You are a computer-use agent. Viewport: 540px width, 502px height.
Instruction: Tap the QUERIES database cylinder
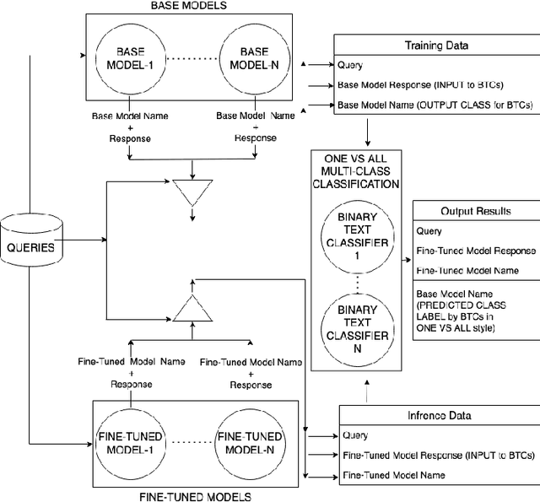[32, 248]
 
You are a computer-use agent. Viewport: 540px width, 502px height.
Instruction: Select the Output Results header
[476, 211]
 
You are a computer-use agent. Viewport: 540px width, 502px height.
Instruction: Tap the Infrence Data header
[439, 415]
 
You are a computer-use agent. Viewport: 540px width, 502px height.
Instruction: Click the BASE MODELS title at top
[187, 7]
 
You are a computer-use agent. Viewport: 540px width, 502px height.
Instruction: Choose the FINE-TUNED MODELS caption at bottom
[194, 496]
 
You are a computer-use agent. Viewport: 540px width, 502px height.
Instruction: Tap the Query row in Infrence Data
[355, 435]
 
